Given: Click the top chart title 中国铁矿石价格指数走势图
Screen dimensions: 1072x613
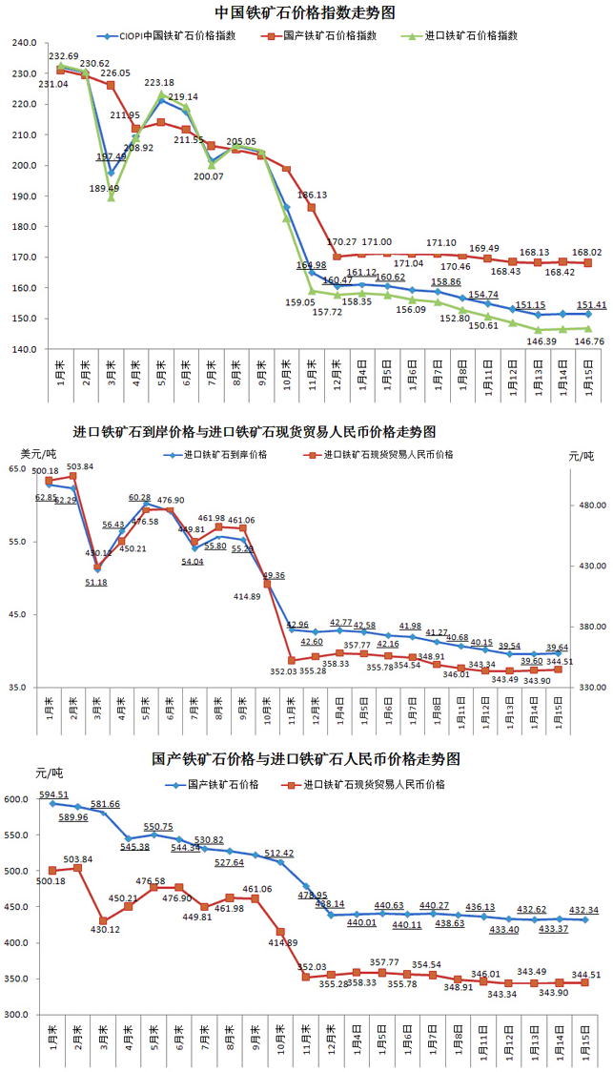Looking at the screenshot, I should point(305,12).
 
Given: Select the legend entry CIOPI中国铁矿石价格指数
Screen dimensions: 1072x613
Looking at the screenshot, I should point(177,35).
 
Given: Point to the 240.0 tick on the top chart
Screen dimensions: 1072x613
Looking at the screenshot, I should point(24,44).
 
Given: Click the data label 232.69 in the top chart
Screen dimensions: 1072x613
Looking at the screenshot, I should point(63,57).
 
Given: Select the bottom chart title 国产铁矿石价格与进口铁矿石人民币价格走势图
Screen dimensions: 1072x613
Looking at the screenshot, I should point(306,759).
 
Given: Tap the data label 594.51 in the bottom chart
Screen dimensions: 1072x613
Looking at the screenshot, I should point(53,794).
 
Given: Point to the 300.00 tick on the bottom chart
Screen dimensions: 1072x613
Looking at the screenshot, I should point(18,1015).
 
